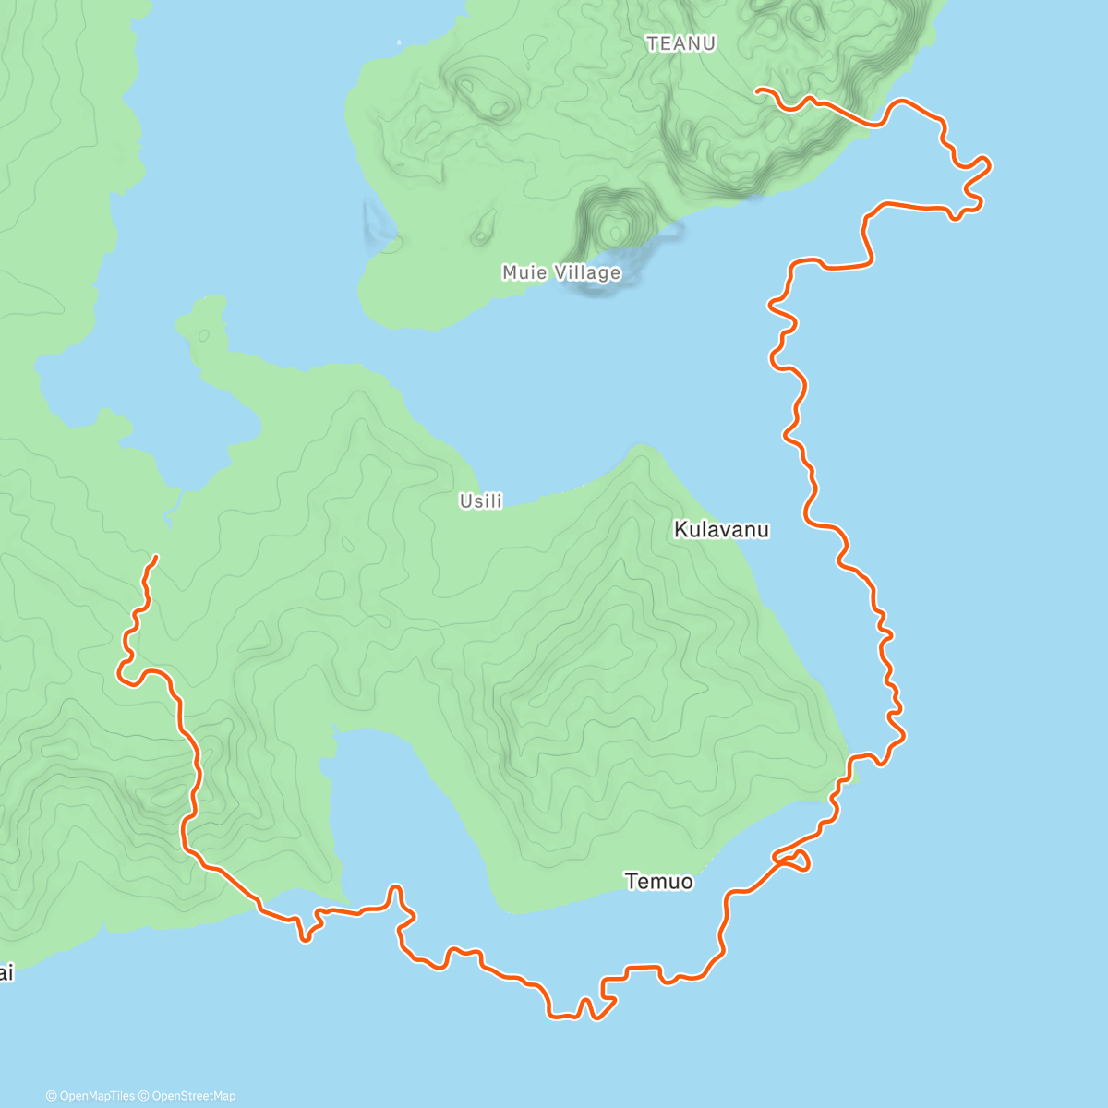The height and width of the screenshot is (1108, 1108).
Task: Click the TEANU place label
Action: (x=681, y=43)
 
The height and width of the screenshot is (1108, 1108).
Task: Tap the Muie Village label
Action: (x=561, y=272)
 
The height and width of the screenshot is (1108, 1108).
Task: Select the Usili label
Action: (x=481, y=501)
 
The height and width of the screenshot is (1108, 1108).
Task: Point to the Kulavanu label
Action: (x=721, y=530)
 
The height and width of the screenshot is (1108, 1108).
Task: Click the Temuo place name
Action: (x=658, y=882)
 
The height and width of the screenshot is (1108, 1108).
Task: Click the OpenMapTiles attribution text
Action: (x=97, y=1096)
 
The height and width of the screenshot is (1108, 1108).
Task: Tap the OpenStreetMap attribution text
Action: (x=193, y=1096)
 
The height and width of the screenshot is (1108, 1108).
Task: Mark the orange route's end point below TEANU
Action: (x=757, y=90)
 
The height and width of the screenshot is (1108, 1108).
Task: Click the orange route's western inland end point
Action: (x=156, y=557)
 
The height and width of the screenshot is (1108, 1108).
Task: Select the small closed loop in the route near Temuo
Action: (x=797, y=861)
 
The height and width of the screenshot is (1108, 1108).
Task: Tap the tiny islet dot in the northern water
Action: (x=400, y=42)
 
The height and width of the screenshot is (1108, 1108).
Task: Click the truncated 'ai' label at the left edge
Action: (x=6, y=973)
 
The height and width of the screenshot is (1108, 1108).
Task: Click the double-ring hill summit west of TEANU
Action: (x=499, y=108)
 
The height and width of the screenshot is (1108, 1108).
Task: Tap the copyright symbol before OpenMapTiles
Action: (x=52, y=1096)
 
